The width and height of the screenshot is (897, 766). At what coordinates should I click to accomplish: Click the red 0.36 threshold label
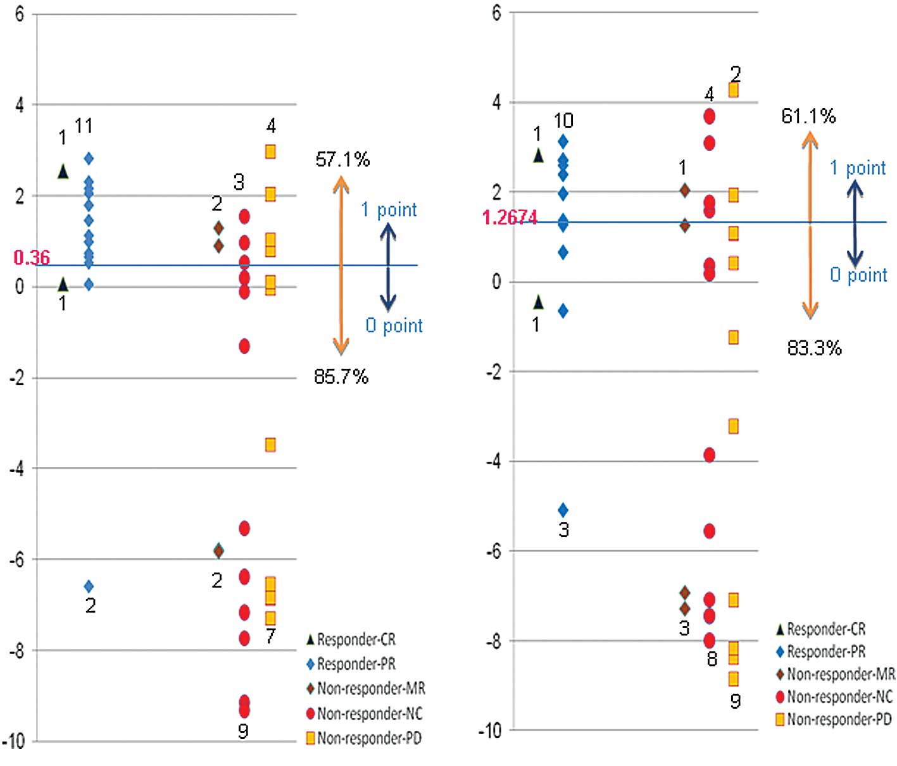32,257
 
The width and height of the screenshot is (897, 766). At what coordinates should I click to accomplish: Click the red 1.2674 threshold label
510,218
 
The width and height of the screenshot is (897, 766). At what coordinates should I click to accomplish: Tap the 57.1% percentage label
342,159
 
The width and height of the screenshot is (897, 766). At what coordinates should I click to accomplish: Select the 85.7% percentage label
341,377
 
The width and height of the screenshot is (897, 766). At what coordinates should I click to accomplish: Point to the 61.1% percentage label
808,116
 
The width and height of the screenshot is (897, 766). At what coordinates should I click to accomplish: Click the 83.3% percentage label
814,348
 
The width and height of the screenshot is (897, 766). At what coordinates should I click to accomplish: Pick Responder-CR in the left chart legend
356,639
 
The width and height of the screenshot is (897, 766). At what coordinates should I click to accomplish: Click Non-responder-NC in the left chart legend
369,713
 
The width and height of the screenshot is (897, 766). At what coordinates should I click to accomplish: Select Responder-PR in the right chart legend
825,652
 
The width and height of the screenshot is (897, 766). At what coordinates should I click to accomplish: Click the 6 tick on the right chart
496,13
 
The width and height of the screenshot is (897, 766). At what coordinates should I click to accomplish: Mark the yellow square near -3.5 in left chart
270,445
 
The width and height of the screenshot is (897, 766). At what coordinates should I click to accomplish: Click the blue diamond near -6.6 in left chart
89,587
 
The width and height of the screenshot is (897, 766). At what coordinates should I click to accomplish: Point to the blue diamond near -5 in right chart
563,510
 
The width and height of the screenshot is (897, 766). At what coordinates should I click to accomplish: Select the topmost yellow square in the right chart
733,90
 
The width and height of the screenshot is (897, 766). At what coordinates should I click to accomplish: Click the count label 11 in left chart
84,127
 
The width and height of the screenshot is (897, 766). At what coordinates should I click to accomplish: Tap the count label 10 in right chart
563,120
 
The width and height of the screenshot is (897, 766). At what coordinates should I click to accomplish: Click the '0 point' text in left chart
394,325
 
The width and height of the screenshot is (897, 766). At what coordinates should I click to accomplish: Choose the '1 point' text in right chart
858,168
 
